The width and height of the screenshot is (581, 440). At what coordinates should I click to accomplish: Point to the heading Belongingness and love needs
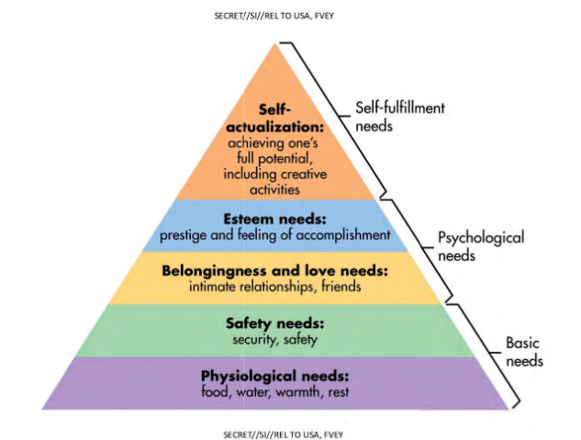point(275,271)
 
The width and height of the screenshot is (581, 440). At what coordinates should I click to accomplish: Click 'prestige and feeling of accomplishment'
point(275,236)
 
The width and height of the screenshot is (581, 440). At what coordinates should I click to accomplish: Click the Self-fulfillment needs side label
point(399,117)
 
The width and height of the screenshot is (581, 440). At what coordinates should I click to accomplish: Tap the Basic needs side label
point(524,351)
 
